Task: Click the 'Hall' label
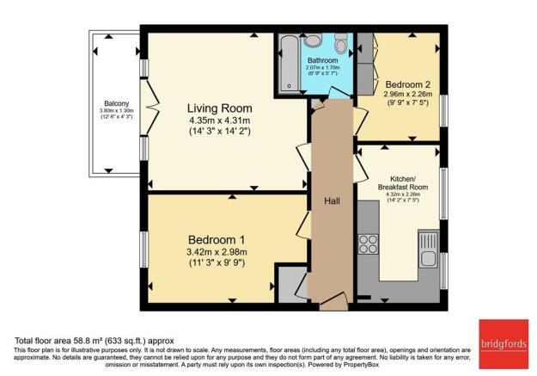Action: pos(333,200)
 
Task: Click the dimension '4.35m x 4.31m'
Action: pos(220,121)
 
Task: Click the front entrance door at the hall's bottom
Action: pos(332,301)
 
